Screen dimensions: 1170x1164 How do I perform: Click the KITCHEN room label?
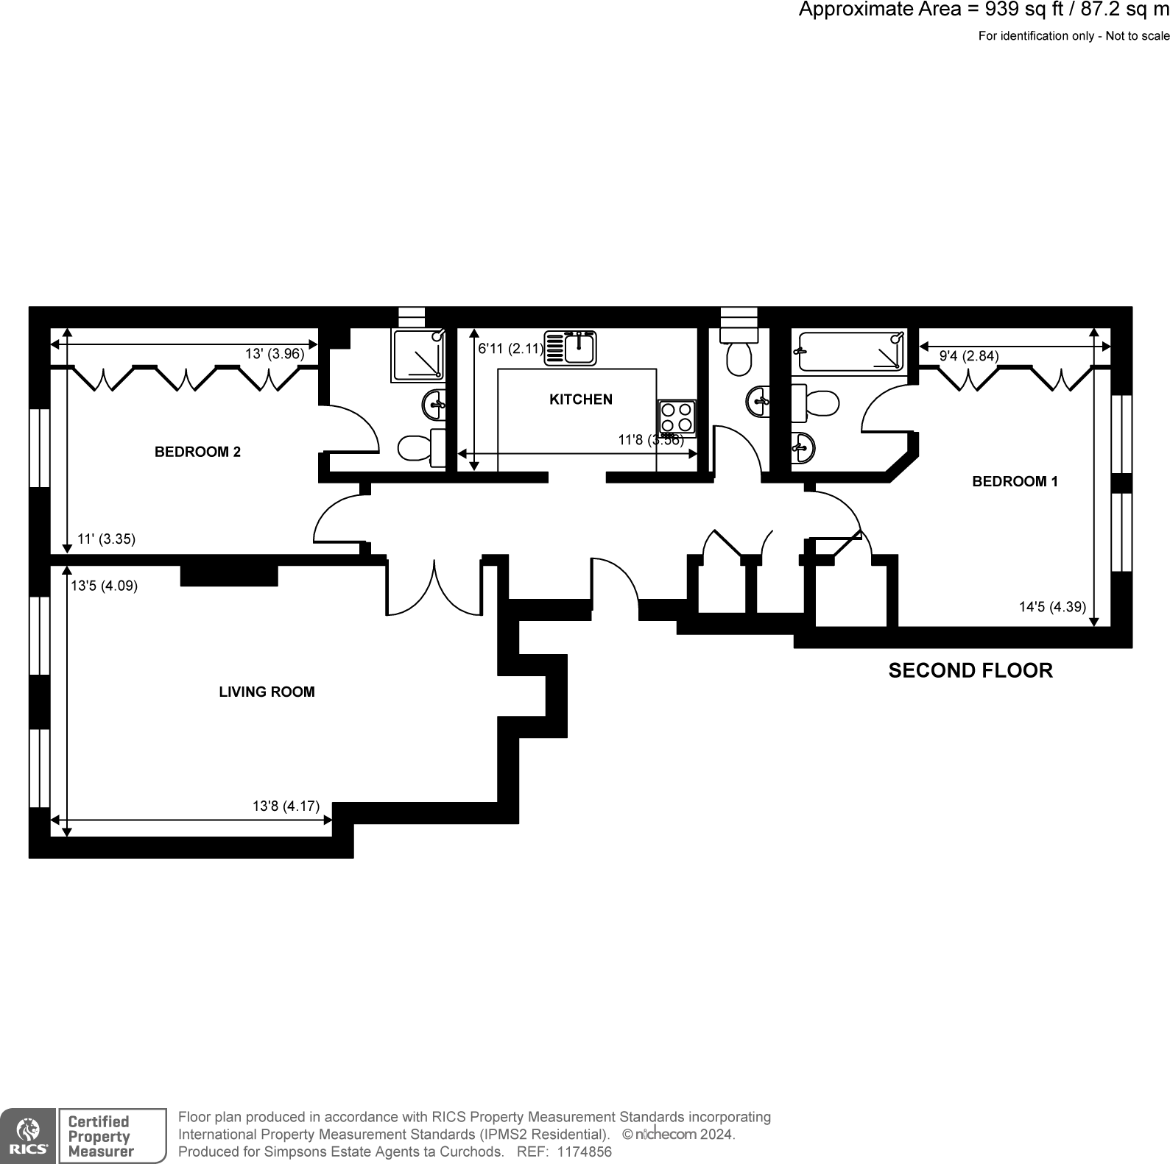[581, 400]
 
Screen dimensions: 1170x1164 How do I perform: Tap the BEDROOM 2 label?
[197, 452]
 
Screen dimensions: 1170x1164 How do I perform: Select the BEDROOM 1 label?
[1015, 481]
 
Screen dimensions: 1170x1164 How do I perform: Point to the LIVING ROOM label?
[267, 692]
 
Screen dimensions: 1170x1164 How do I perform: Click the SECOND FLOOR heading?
[970, 670]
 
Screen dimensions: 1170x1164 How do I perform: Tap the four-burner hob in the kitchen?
[677, 418]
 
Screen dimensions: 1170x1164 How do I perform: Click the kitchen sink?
[571, 347]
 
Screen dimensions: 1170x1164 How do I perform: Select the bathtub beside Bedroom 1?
[851, 352]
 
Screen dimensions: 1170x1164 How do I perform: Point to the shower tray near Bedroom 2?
[418, 355]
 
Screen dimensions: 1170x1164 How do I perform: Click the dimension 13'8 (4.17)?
[286, 806]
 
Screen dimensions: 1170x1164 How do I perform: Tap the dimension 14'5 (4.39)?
[1052, 607]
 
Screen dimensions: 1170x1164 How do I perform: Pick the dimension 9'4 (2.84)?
[969, 356]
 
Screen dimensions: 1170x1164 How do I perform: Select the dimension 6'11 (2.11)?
[511, 349]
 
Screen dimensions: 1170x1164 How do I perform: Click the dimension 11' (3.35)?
[106, 539]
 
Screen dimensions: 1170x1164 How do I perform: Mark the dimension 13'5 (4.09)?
[104, 586]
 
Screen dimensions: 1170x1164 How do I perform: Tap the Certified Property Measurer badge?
[113, 1136]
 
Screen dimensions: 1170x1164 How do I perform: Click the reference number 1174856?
[585, 1151]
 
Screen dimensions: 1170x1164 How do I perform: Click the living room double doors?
[434, 589]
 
